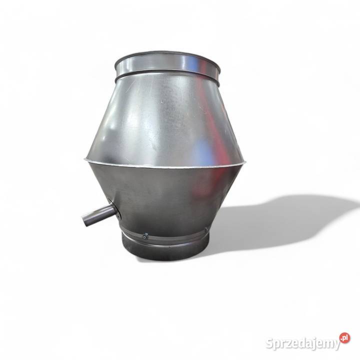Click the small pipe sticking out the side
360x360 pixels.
(x=98, y=215)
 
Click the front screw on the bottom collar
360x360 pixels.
(x=145, y=236)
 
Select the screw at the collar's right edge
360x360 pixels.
(x=206, y=229)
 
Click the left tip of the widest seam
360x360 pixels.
(x=84, y=159)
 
